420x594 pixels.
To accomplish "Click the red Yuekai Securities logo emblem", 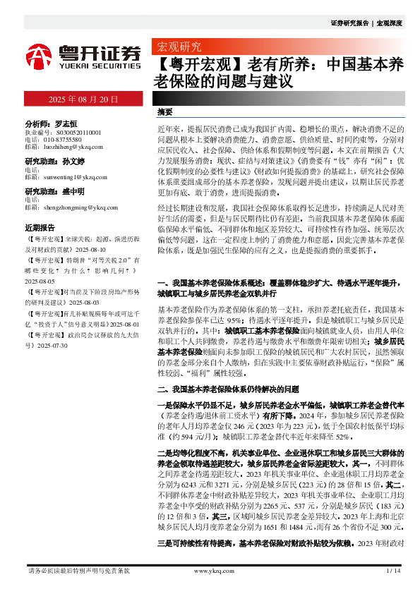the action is click(39, 56).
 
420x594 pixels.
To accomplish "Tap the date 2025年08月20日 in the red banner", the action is click(83, 99).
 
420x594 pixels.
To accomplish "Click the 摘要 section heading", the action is click(165, 112).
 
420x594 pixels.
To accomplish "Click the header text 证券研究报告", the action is click(349, 23).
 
